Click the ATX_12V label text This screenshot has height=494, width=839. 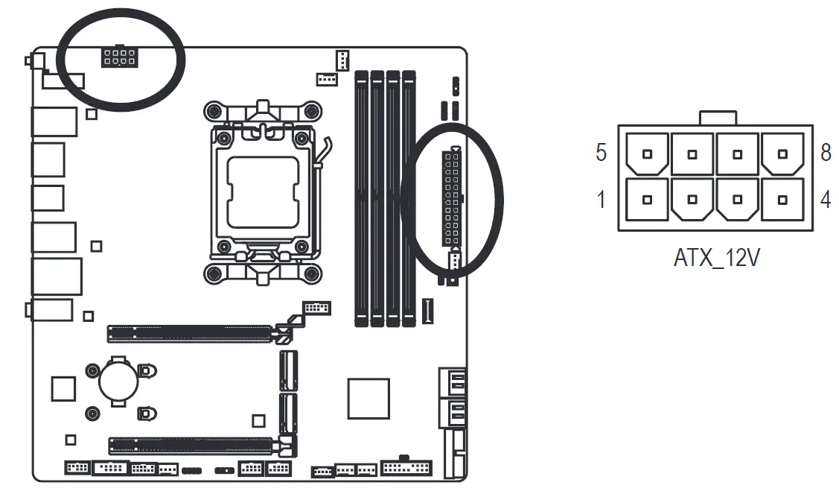[x=716, y=259]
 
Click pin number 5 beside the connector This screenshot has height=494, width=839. [x=601, y=153]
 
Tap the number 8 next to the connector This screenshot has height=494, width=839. [x=826, y=153]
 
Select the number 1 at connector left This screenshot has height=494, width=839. [x=601, y=200]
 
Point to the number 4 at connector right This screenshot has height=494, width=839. [x=826, y=200]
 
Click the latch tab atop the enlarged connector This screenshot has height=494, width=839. [x=718, y=118]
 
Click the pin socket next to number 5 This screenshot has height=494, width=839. [x=648, y=153]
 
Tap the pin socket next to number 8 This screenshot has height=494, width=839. [x=782, y=153]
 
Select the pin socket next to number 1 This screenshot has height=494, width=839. [x=648, y=200]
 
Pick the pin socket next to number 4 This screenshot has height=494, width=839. [x=782, y=200]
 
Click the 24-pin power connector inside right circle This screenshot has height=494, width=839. [x=451, y=198]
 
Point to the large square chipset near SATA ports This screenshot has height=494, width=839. [x=368, y=398]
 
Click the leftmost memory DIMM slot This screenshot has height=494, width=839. [x=361, y=197]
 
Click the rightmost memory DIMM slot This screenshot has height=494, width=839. [x=409, y=197]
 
